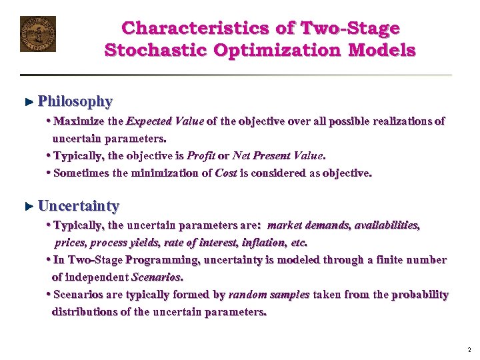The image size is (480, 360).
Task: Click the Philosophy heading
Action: click(75, 101)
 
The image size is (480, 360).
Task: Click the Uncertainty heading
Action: click(79, 205)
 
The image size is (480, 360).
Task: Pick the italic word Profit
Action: click(201, 156)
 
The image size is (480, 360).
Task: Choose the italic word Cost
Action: click(228, 173)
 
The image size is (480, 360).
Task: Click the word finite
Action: click(390, 260)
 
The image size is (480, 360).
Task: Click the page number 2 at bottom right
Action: click(469, 349)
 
